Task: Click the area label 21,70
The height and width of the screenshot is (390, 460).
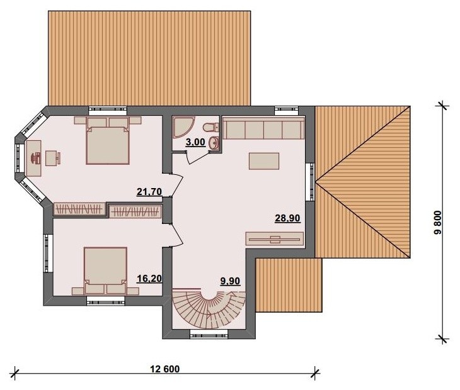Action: click(149, 192)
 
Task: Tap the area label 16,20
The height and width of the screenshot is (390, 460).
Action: click(149, 279)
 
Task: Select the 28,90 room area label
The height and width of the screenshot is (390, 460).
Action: click(287, 218)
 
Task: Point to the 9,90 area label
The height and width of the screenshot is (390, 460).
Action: click(230, 281)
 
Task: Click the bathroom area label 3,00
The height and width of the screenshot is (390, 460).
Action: click(195, 142)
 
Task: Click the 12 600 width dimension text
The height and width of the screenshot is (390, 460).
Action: click(165, 369)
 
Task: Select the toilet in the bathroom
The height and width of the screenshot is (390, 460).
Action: click(210, 127)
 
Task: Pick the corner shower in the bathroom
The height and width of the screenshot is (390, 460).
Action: click(182, 127)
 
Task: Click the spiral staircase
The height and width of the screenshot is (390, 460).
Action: click(209, 308)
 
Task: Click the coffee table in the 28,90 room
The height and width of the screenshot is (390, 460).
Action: click(264, 161)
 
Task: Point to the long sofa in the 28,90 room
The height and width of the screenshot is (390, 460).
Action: click(263, 128)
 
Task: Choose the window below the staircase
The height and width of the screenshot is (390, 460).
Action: click(209, 334)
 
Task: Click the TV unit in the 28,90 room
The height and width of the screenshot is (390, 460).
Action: click(274, 238)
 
